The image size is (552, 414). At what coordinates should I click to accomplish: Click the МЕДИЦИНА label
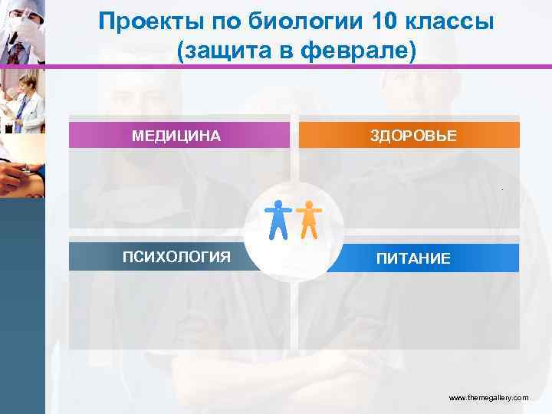176,136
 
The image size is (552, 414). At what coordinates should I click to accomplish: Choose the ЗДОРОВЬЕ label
413,136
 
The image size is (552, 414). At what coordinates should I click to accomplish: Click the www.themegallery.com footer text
488,398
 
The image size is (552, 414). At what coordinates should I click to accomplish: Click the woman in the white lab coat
23,103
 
